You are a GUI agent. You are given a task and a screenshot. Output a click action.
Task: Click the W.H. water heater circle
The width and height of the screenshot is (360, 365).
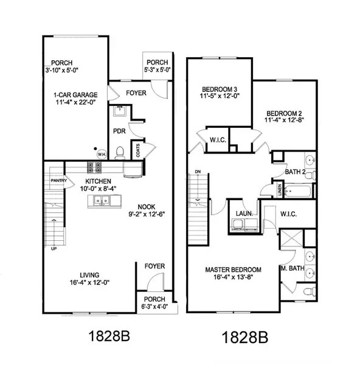tap(102, 154)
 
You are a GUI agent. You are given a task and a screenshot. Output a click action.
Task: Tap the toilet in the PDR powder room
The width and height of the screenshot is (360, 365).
tap(120, 153)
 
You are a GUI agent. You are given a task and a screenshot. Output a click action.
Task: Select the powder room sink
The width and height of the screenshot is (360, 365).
tap(120, 111)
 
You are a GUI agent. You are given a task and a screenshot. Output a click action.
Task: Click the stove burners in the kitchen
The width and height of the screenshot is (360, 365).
tap(94, 167)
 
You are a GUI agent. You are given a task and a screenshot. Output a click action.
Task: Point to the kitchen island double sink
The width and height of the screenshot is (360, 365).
tap(102, 201)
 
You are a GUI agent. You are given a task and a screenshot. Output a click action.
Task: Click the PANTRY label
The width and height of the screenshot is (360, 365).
tap(58, 181)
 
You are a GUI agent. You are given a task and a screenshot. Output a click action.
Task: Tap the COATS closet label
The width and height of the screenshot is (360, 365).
tap(138, 150)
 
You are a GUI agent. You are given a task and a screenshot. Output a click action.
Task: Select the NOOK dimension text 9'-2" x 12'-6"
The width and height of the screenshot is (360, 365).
tap(147, 214)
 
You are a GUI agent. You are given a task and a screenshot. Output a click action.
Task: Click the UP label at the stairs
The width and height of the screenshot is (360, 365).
tap(54, 249)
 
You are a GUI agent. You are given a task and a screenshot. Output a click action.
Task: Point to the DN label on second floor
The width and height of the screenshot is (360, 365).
tap(198, 172)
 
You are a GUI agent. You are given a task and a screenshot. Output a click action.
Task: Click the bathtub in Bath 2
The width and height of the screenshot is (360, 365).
tap(298, 192)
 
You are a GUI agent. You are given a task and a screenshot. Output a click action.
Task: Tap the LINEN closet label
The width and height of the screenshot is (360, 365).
tap(280, 190)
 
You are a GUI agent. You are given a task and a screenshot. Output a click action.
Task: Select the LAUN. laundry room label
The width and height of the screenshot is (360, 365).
tap(244, 214)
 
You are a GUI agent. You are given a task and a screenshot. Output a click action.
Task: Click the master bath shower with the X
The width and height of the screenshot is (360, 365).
tap(292, 238)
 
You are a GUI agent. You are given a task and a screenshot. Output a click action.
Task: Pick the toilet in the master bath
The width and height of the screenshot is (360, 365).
tap(310, 291)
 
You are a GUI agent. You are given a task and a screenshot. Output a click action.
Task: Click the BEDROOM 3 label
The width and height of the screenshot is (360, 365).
tap(220, 89)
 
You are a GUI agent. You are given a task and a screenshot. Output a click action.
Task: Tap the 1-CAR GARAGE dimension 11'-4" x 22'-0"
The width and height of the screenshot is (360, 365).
tap(75, 102)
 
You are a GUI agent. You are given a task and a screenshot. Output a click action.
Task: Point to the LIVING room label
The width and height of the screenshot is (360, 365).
tap(89, 275)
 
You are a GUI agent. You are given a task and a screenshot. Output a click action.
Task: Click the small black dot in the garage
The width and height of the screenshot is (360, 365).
tap(95, 148)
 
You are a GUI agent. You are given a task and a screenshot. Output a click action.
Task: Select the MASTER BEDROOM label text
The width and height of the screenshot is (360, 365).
tap(233, 269)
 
